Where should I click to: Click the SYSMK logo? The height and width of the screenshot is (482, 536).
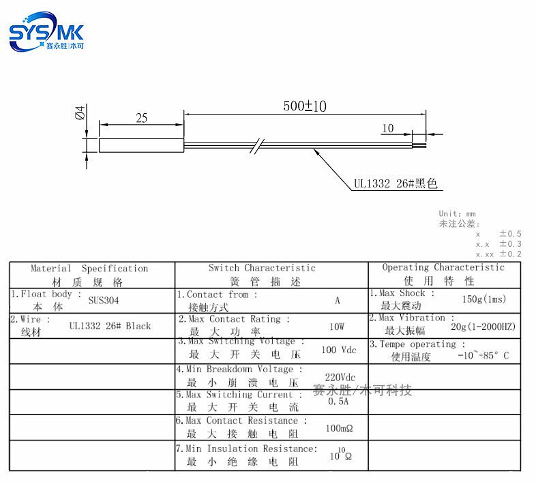point(46,33)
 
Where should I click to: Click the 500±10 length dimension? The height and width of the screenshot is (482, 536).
point(305,106)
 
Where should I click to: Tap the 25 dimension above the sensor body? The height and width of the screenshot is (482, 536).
point(141,118)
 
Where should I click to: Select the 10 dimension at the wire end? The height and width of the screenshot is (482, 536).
point(388,127)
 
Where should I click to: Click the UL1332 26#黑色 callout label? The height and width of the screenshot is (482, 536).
point(395,184)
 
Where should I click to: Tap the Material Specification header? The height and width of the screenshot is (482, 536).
point(89,275)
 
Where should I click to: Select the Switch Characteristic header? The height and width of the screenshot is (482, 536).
point(263,274)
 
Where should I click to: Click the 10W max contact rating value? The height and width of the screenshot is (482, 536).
point(337,327)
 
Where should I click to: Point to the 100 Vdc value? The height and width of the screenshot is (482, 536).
point(339,350)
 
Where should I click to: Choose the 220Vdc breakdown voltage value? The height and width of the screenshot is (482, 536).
point(340,377)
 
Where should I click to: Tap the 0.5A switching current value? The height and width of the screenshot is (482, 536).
point(338,402)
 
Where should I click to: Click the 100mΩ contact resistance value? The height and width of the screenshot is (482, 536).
point(338,429)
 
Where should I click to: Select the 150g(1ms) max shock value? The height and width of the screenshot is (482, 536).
point(484,299)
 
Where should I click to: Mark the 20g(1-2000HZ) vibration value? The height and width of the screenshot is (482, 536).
point(483,327)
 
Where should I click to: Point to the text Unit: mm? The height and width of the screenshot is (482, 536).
point(458,214)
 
